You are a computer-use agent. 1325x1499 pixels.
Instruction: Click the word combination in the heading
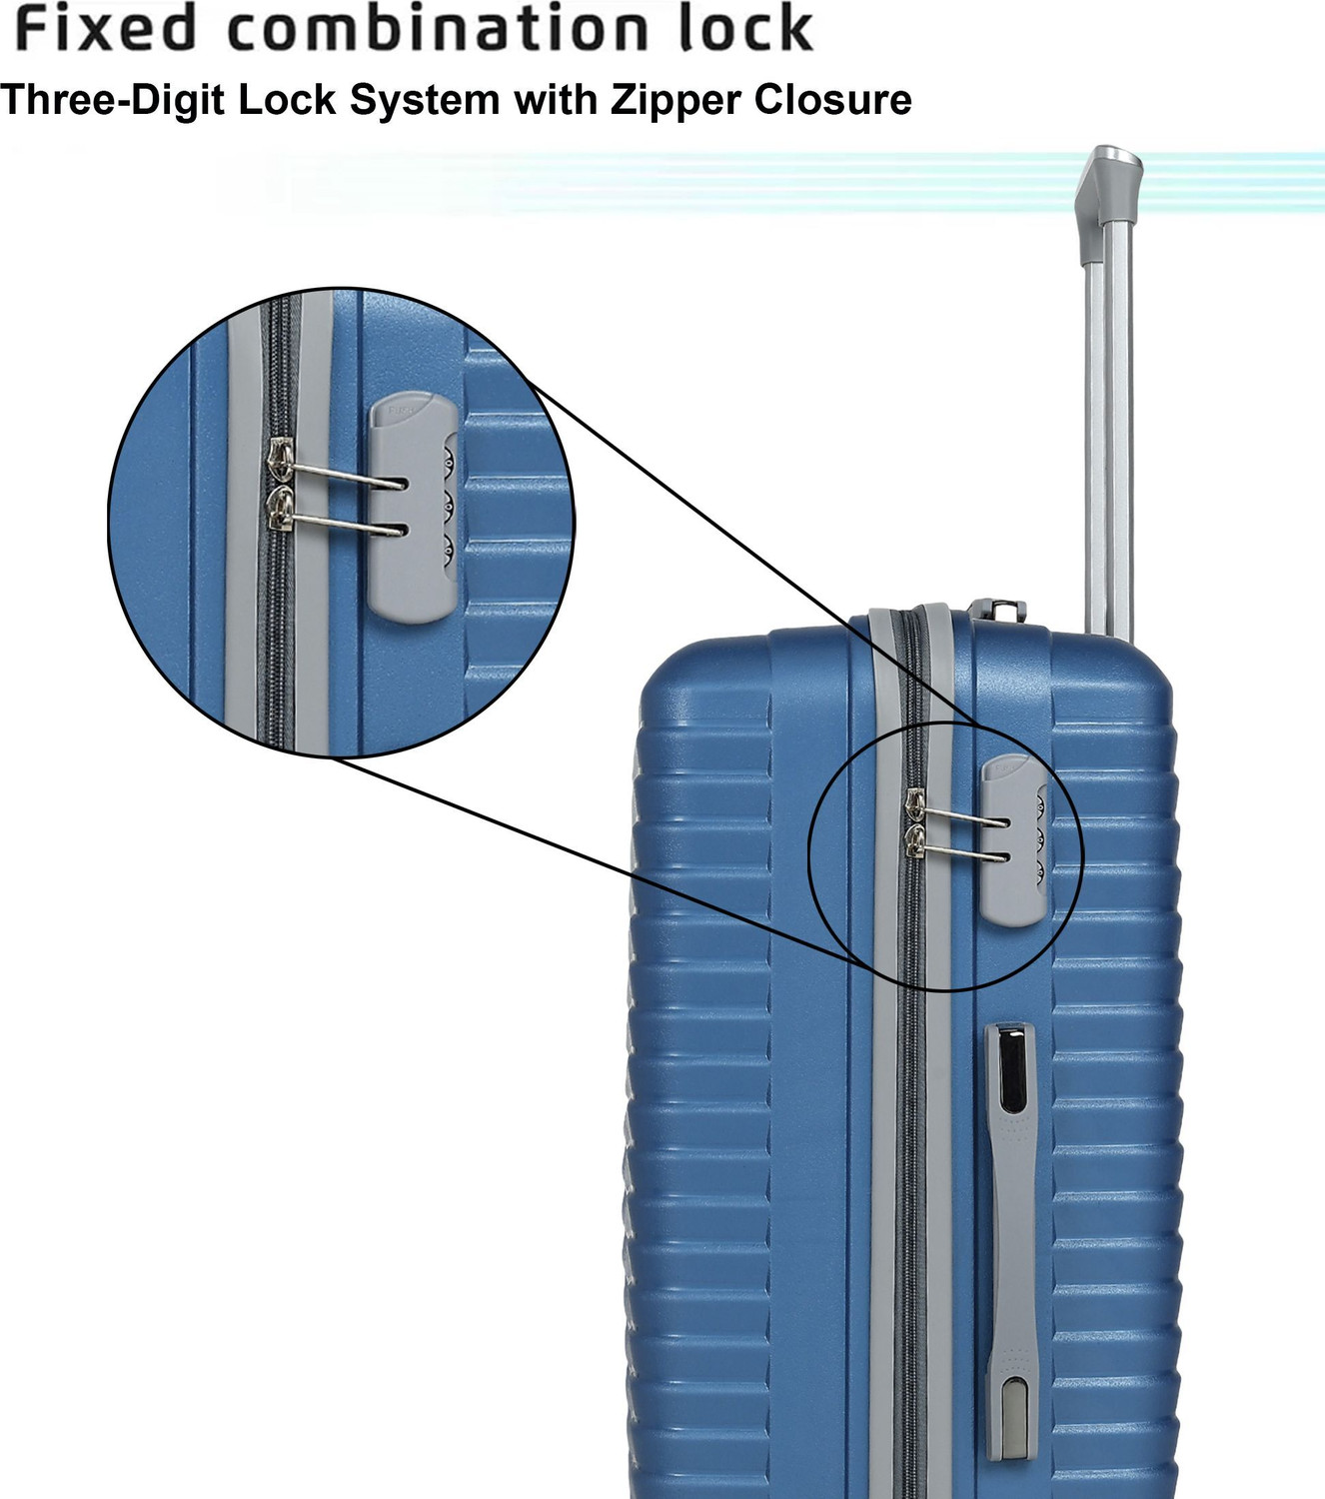[436, 30]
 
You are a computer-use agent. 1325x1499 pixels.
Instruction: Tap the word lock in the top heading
[746, 30]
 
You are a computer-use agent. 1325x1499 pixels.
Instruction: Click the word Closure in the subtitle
[833, 99]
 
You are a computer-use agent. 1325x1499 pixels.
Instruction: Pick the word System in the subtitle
[425, 101]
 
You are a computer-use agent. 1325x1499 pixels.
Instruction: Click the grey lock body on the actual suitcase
[1014, 840]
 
